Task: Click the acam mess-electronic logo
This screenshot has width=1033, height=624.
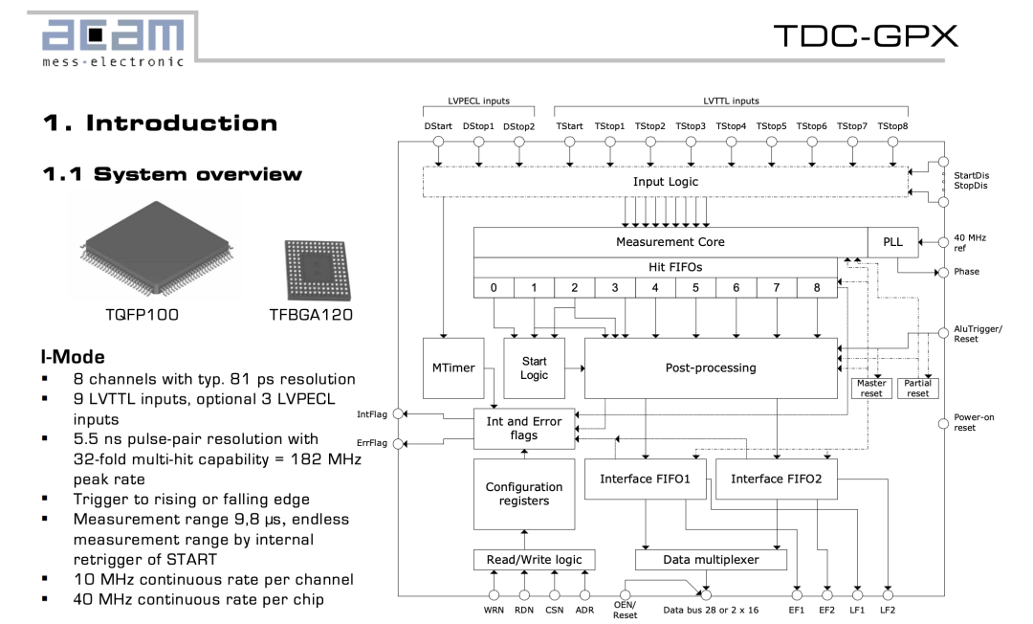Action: coord(114,40)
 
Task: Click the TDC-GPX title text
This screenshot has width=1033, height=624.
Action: coord(865,35)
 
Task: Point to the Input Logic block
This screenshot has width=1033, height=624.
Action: coord(665,181)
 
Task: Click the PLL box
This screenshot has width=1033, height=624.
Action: coord(892,242)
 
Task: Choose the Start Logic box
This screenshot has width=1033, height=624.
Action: coord(534,368)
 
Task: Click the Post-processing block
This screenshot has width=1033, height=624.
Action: coord(711,368)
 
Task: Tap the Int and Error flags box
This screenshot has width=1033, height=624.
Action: coord(524,428)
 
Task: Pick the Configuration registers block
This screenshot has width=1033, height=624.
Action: coord(524,494)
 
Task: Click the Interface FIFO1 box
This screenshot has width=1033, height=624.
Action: coord(644,479)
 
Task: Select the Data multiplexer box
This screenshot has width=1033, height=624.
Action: coord(711,560)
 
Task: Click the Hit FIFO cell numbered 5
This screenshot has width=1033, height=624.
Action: coord(695,287)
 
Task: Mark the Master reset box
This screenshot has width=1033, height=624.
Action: coord(871,389)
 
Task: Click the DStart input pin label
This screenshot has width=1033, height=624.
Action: coord(439,125)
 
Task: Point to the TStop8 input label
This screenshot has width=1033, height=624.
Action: coord(892,125)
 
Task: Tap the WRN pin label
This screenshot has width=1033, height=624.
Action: coord(494,609)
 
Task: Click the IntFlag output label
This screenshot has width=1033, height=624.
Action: coord(372,414)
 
